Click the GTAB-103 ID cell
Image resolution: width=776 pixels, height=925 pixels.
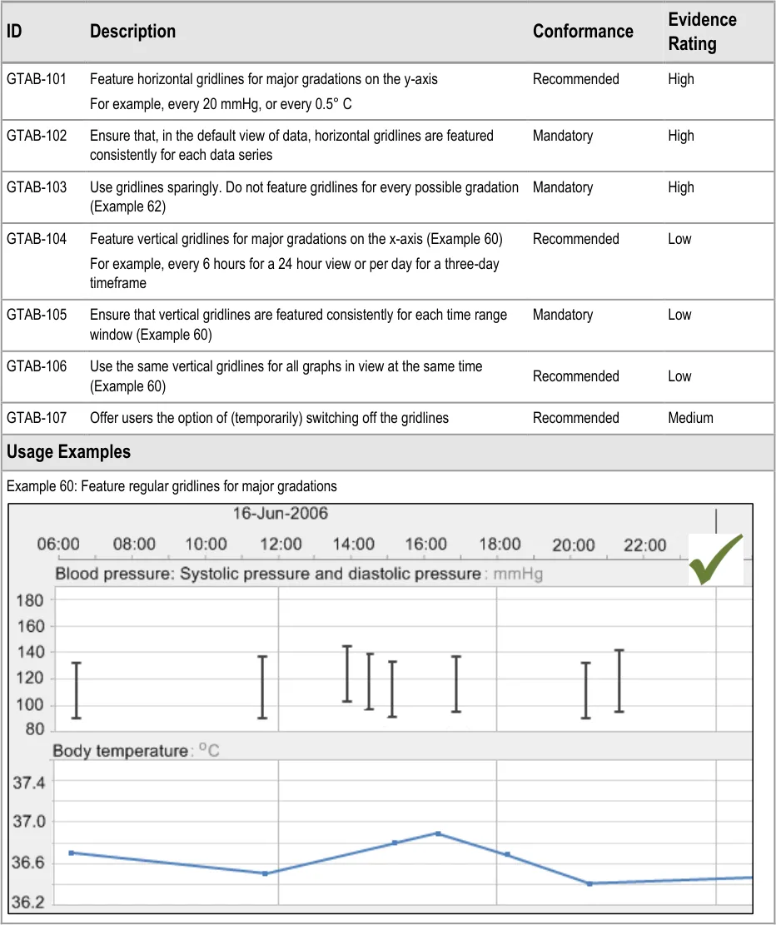point(37,187)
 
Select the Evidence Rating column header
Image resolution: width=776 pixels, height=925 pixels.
point(702,32)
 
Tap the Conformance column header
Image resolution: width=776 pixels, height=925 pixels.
point(583,32)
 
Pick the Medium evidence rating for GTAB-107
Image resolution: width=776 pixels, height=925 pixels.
point(690,418)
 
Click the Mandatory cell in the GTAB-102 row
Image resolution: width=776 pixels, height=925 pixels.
point(563,136)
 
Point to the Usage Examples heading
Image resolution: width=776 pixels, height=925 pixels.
point(68,452)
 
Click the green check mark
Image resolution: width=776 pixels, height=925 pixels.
point(715,559)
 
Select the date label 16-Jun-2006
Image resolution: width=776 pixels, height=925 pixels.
point(280,512)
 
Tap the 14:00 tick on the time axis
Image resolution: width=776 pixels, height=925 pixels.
point(353,545)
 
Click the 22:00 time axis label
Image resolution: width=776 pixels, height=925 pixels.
point(645,545)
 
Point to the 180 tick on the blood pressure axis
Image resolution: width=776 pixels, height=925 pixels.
point(30,599)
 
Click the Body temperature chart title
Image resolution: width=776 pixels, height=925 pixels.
point(120,751)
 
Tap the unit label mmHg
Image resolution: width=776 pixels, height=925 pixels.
point(518,574)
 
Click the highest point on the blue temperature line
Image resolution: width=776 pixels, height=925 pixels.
point(438,833)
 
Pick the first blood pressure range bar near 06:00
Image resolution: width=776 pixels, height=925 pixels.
point(76,690)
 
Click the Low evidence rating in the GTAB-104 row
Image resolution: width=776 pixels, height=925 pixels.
point(679,239)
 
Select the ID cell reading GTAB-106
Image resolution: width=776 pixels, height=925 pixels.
point(37,366)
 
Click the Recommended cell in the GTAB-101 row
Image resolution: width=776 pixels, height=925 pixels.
point(576,79)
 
